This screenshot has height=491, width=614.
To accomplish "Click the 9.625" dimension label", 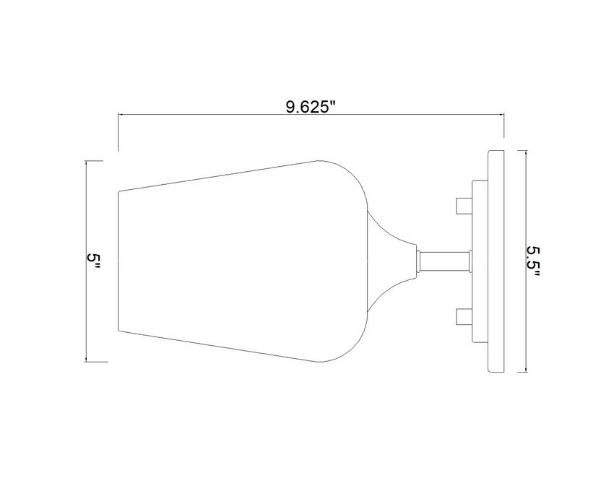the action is [x=311, y=106].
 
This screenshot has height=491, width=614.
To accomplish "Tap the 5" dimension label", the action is [x=94, y=261].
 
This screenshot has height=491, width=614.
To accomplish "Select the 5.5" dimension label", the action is [x=532, y=261].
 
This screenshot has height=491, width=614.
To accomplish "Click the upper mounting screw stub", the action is [x=464, y=206].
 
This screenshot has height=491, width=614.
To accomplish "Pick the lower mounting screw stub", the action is [x=464, y=316].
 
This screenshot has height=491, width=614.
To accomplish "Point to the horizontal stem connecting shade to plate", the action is [x=445, y=261].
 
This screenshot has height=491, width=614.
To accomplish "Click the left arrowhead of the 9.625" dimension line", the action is [x=121, y=115].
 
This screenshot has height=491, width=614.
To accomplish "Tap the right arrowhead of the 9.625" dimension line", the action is [x=501, y=115].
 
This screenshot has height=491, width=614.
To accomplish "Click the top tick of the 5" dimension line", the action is [x=96, y=161].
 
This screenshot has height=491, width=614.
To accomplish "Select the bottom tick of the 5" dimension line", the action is [x=96, y=362].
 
